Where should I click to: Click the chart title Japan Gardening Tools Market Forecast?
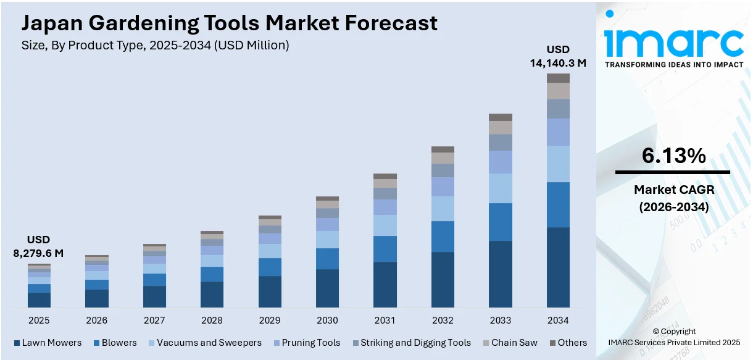pos(229,23)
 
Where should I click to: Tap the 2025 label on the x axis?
pos(39,320)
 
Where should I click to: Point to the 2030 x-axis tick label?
pos(327,320)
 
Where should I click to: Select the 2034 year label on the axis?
pos(558,320)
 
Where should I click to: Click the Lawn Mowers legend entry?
pos(48,343)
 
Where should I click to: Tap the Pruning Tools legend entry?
pos(307,343)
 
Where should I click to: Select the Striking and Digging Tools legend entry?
pos(411,343)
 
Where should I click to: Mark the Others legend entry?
pos(568,343)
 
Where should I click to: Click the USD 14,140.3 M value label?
pos(558,56)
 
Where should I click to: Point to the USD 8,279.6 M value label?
pos(38,246)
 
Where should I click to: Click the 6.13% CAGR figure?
pos(673,156)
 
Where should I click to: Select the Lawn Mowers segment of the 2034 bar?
pos(558,267)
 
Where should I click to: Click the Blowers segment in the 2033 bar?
pos(501,222)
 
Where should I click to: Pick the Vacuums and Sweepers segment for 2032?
pos(443,209)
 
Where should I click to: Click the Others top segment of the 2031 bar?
pos(385,176)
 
